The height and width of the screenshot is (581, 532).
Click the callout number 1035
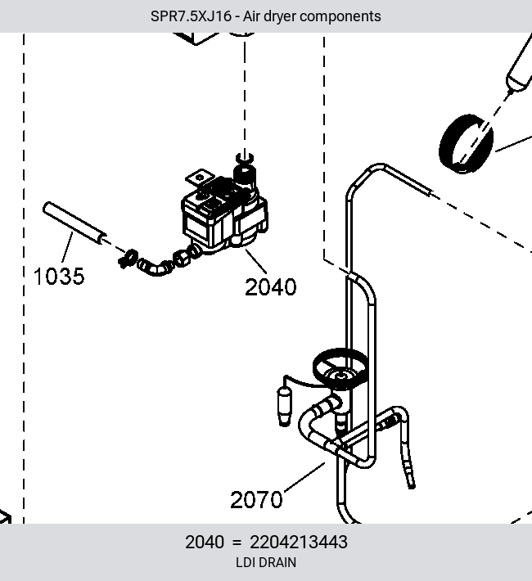tap(59, 277)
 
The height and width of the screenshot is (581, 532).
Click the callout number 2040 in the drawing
tap(271, 286)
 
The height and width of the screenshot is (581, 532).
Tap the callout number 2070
tap(256, 499)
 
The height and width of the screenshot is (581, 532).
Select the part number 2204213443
tap(299, 542)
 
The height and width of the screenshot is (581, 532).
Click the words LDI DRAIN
tap(266, 562)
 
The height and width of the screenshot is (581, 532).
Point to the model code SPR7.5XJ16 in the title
tap(191, 16)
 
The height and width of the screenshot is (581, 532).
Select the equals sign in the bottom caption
tap(237, 543)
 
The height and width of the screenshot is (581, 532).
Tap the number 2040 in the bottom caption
tap(205, 542)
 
